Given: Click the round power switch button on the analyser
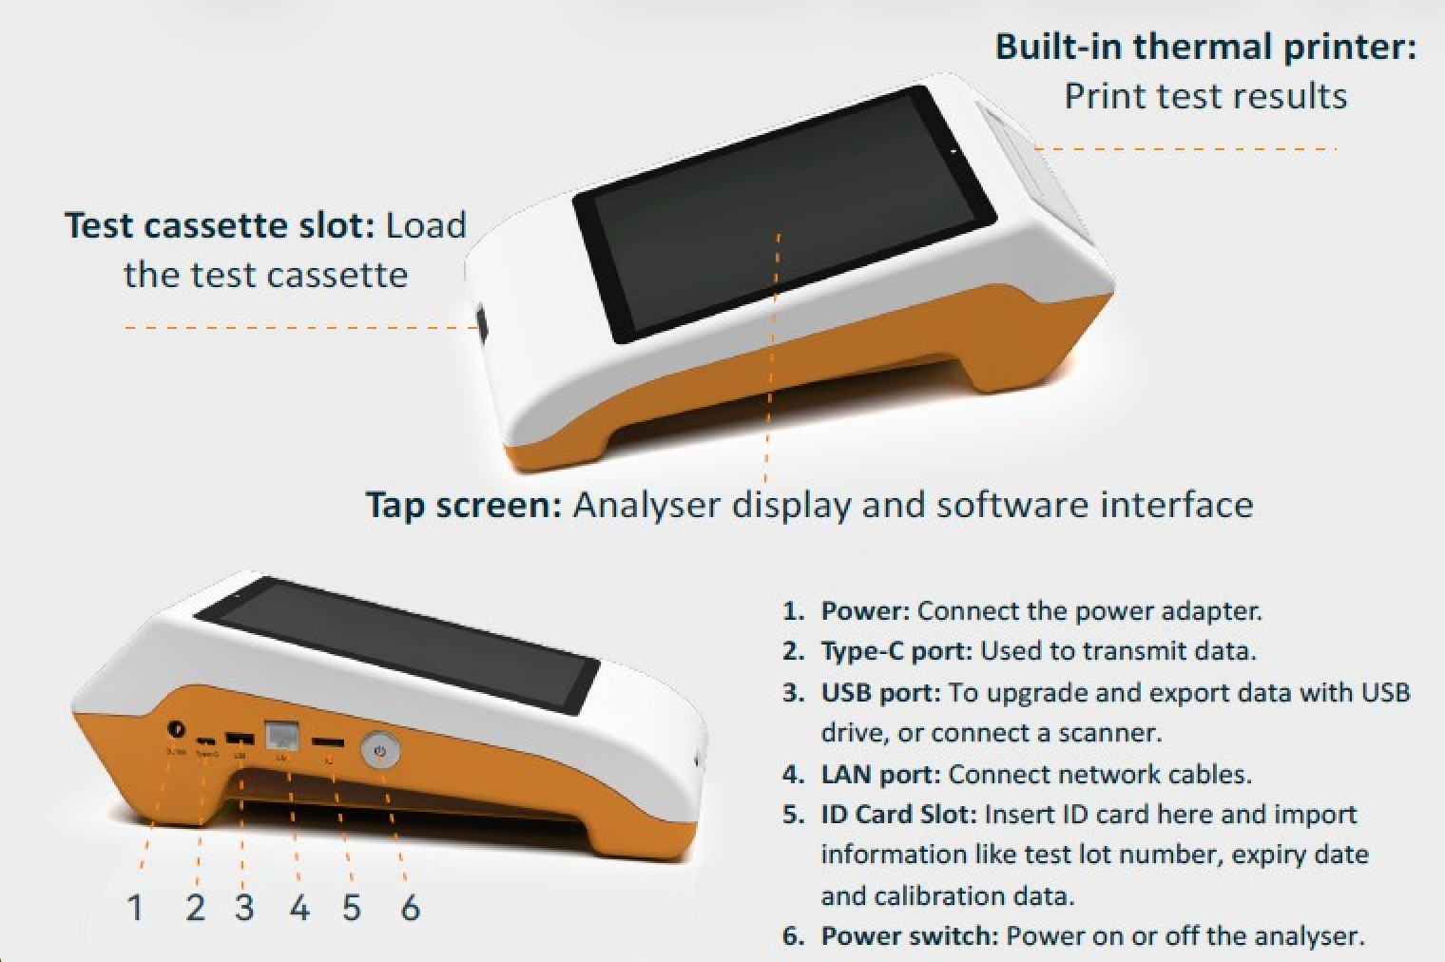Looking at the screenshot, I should [380, 751].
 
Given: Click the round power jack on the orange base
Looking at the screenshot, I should [175, 728].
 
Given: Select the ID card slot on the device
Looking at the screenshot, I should [329, 741].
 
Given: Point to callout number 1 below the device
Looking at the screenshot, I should [135, 907].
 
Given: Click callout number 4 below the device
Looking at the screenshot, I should [299, 907].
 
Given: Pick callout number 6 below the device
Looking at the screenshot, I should [410, 907].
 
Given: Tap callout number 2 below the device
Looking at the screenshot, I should [195, 907].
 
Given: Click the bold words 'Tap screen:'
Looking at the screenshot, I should [464, 504].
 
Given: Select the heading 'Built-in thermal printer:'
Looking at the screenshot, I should [1204, 47].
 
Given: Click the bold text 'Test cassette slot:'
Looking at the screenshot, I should [221, 225].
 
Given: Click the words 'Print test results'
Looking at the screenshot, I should [1204, 96].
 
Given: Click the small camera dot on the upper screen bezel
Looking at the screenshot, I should [952, 150].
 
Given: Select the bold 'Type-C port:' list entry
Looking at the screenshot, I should [896, 651].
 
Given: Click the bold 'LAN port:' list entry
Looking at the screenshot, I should [880, 774].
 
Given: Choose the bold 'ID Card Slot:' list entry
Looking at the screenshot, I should [898, 815].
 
